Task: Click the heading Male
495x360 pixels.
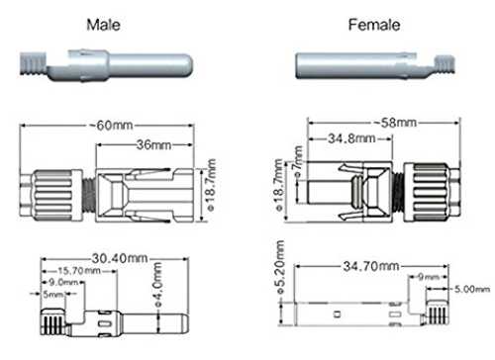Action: (x=103, y=25)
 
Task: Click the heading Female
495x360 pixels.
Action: (x=374, y=25)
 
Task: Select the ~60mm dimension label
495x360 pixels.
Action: (x=111, y=126)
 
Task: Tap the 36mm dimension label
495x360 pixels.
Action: (x=154, y=144)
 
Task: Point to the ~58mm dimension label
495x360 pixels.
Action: (x=395, y=123)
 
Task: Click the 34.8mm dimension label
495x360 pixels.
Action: (x=351, y=138)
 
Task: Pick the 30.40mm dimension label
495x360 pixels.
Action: (x=120, y=258)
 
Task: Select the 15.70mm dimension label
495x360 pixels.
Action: (x=79, y=271)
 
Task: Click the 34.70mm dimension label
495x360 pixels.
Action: (x=371, y=266)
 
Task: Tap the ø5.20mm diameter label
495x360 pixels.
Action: (x=280, y=267)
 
